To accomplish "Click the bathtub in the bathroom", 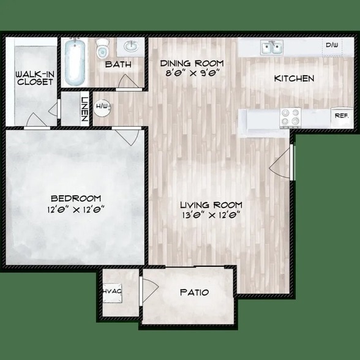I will (75, 62).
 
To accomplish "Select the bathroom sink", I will (130, 47).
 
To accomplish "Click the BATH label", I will (116, 64).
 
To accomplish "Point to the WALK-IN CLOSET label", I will (28, 77).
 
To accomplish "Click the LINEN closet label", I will (85, 108).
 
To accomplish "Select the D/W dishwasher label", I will (332, 45).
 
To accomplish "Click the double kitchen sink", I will (271, 47).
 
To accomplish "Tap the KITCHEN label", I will (294, 78).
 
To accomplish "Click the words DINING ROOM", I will (192, 63).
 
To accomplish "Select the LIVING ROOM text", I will (211, 204).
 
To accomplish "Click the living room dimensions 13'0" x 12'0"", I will (211, 215).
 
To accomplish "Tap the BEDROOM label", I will (75, 198).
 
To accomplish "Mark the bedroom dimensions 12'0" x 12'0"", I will (75, 209).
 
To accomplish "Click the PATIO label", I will (194, 293).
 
